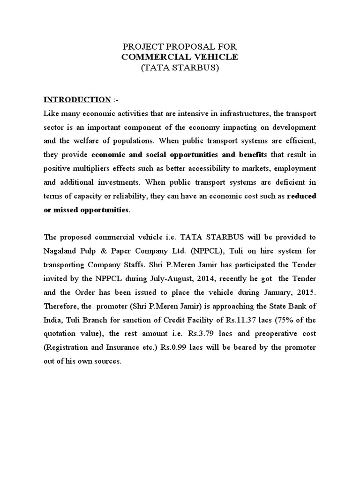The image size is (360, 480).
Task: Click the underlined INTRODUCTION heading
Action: pos(77,99)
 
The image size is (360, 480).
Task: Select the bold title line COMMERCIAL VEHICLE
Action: pos(180,57)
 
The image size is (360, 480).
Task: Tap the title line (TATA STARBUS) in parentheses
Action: pos(180,67)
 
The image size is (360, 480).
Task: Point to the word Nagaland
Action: pos(60,251)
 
